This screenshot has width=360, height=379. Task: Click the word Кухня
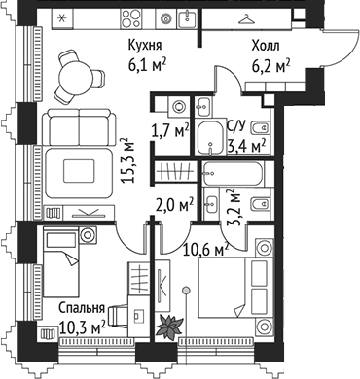point(145,45)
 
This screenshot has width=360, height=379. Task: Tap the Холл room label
point(269,45)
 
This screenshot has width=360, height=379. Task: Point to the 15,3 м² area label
point(125,156)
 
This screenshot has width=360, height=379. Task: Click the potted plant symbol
point(170,325)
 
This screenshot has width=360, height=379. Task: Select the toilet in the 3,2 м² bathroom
point(254,204)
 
